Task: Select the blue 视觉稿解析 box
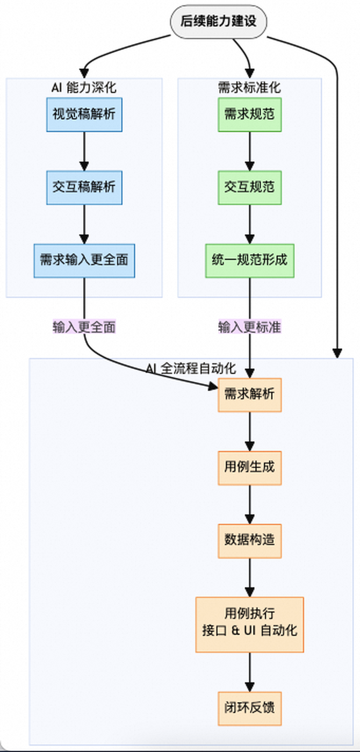pos(84,114)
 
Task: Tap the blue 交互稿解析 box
pos(84,187)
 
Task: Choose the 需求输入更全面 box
pos(84,261)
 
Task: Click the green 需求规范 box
pos(250,114)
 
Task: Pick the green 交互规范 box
pos(250,187)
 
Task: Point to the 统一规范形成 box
pos(250,261)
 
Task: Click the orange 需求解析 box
pos(250,395)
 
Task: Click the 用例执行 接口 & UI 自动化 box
pos(250,624)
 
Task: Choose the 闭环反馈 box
pos(250,707)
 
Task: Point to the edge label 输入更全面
pos(84,327)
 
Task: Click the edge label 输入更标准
pos(250,327)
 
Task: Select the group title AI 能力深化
pos(84,87)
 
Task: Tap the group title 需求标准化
pos(250,87)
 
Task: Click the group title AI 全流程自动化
pos(191,369)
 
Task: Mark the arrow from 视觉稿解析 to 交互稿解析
pos(84,151)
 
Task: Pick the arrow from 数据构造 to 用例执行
pos(250,577)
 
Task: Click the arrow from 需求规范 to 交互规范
pos(250,151)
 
